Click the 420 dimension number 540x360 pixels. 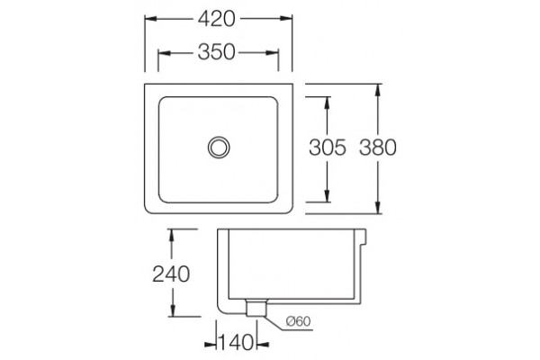tap(216, 19)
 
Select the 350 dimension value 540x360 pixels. tap(216, 52)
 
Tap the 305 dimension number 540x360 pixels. tap(328, 148)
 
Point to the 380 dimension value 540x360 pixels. tap(378, 148)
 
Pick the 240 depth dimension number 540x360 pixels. tap(171, 274)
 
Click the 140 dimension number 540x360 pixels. tap(236, 343)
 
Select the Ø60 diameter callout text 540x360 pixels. tap(298, 321)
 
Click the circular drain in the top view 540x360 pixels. tap(219, 147)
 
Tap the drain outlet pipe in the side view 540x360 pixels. tap(256, 308)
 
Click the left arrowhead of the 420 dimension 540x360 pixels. tap(151, 19)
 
